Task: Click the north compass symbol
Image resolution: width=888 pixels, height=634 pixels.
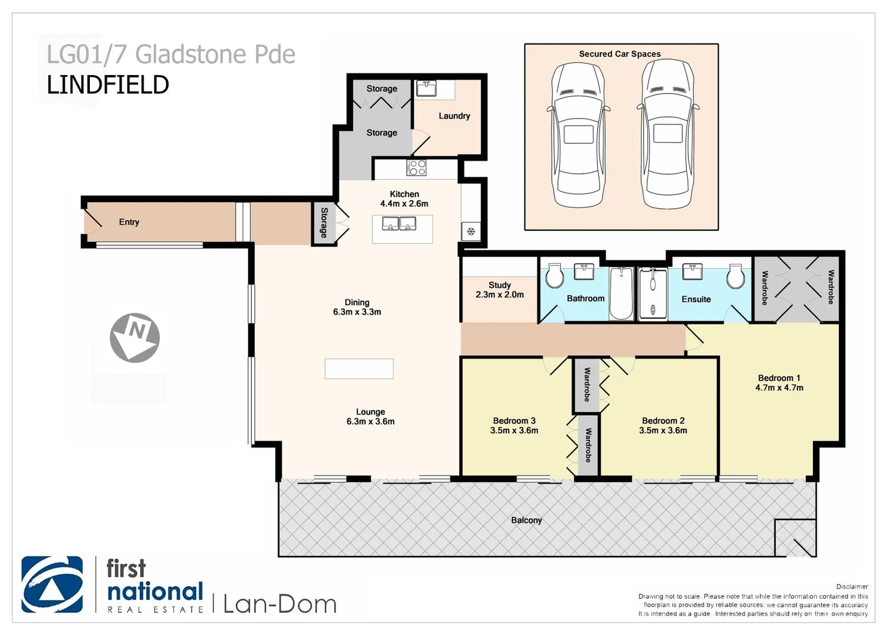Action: (x=134, y=338)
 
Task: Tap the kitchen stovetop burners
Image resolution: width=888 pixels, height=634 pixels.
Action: (x=416, y=167)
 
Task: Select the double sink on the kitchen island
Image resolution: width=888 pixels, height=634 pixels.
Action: (x=399, y=224)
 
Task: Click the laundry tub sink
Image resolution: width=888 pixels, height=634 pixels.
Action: (x=426, y=89)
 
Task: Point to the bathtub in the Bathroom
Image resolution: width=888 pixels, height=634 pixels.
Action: (x=621, y=293)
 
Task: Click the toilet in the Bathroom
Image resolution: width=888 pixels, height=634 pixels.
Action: (x=554, y=276)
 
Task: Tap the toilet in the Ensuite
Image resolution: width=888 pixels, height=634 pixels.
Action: (x=735, y=276)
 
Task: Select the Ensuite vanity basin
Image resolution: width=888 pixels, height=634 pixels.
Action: (x=693, y=272)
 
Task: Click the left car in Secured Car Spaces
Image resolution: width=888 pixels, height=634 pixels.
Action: (x=578, y=135)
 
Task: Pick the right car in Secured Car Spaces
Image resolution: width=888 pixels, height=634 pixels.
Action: (x=668, y=135)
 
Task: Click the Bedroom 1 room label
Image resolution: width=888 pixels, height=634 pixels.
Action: (x=779, y=378)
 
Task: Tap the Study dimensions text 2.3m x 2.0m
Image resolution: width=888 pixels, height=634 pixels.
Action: (x=500, y=295)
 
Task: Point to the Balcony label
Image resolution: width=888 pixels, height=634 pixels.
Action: (x=526, y=520)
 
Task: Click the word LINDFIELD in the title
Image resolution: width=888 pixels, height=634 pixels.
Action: (x=108, y=85)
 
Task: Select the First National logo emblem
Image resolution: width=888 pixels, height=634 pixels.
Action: (x=52, y=584)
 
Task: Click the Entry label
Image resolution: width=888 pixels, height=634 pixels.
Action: (x=129, y=222)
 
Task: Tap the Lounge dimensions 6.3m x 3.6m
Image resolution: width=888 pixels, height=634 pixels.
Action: (x=371, y=421)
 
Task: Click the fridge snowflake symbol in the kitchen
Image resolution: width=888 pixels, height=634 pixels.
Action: (x=470, y=231)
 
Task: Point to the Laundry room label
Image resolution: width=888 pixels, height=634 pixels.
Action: (x=454, y=116)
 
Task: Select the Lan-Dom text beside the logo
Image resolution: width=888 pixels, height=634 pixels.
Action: (x=280, y=604)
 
